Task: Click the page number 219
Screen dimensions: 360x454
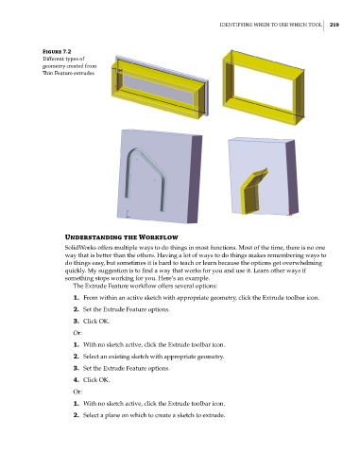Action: pyautogui.click(x=334, y=25)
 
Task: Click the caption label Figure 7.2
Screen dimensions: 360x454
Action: pyautogui.click(x=57, y=52)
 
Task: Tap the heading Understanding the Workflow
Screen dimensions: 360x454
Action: pyautogui.click(x=121, y=237)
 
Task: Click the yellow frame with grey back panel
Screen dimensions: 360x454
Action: pyautogui.click(x=117, y=82)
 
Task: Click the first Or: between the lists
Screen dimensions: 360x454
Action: pyautogui.click(x=77, y=333)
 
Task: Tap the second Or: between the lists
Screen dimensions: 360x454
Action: pyautogui.click(x=77, y=392)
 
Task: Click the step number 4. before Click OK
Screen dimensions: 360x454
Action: pyautogui.click(x=77, y=380)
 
